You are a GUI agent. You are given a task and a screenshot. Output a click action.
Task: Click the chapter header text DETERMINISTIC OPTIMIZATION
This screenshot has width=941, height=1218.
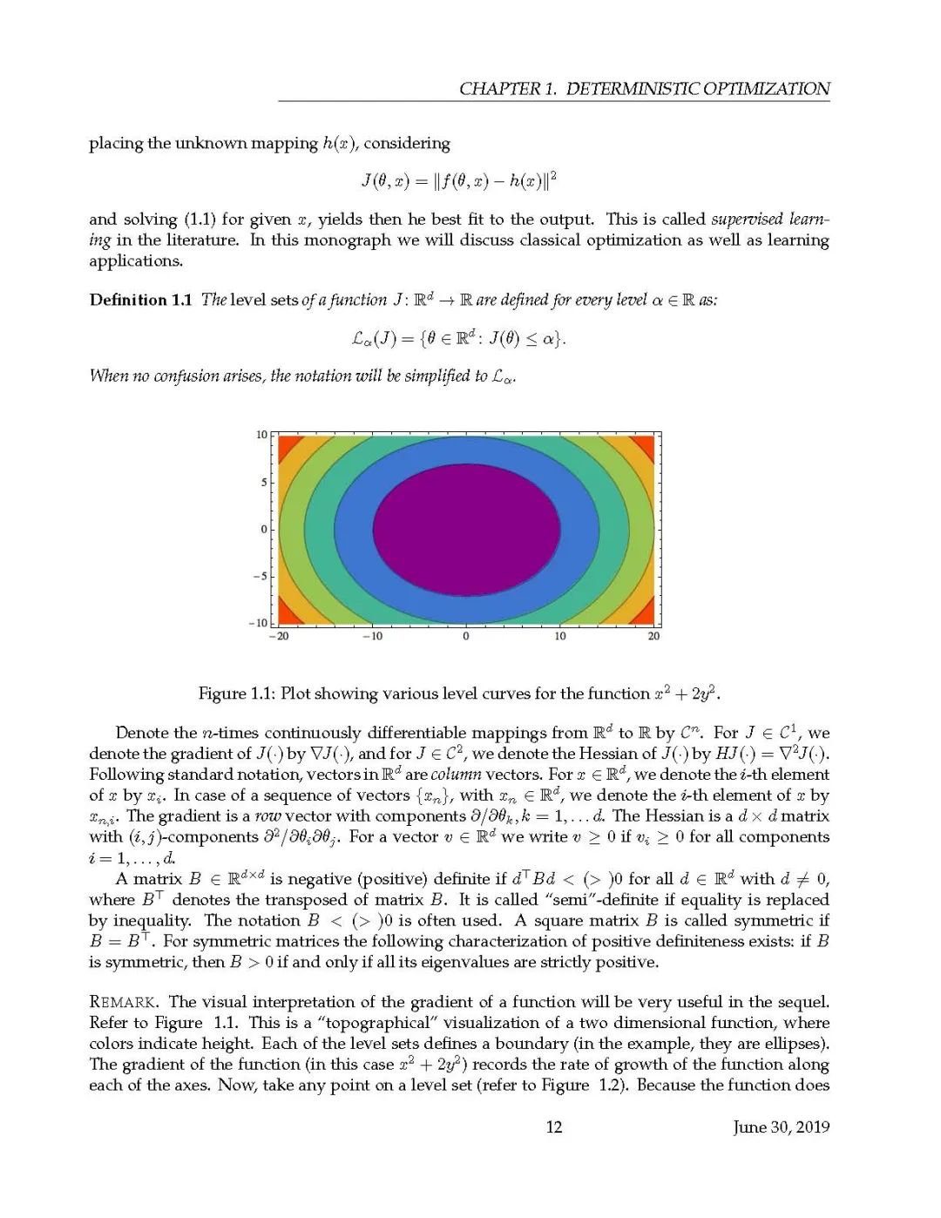pyautogui.click(x=698, y=89)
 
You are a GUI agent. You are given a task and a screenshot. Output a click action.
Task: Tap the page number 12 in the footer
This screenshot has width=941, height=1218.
pyautogui.click(x=554, y=1127)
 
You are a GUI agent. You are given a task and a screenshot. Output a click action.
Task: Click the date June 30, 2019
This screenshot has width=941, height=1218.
pyautogui.click(x=781, y=1127)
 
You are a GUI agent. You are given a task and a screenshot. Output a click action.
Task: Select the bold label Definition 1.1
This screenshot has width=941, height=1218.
pyautogui.click(x=140, y=301)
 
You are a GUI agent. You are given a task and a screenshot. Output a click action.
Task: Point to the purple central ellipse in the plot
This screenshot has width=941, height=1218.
pyautogui.click(x=466, y=530)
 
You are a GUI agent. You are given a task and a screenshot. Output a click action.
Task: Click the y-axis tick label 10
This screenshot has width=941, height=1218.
pyautogui.click(x=261, y=435)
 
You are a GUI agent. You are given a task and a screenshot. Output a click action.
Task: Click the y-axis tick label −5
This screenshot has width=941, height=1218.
pyautogui.click(x=259, y=577)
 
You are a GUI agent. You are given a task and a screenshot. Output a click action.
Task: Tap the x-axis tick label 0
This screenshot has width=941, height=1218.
pyautogui.click(x=466, y=637)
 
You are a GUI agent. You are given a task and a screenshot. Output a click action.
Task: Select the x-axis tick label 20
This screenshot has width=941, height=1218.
pyautogui.click(x=653, y=637)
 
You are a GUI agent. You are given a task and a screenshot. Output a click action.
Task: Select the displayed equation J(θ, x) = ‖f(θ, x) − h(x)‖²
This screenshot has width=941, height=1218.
pyautogui.click(x=458, y=181)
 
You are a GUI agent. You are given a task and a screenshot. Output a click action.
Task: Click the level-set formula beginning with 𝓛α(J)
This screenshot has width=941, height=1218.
pyautogui.click(x=458, y=338)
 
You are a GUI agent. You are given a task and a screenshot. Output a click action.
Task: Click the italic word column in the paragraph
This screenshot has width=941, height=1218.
pyautogui.click(x=456, y=775)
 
